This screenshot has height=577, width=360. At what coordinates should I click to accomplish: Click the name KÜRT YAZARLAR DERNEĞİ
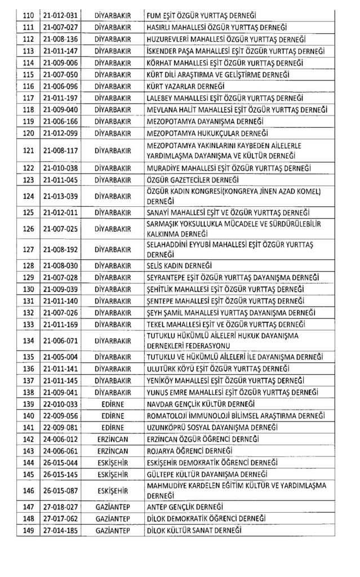click(x=186, y=86)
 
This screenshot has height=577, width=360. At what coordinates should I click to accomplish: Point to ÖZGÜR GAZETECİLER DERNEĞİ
click(x=192, y=180)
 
